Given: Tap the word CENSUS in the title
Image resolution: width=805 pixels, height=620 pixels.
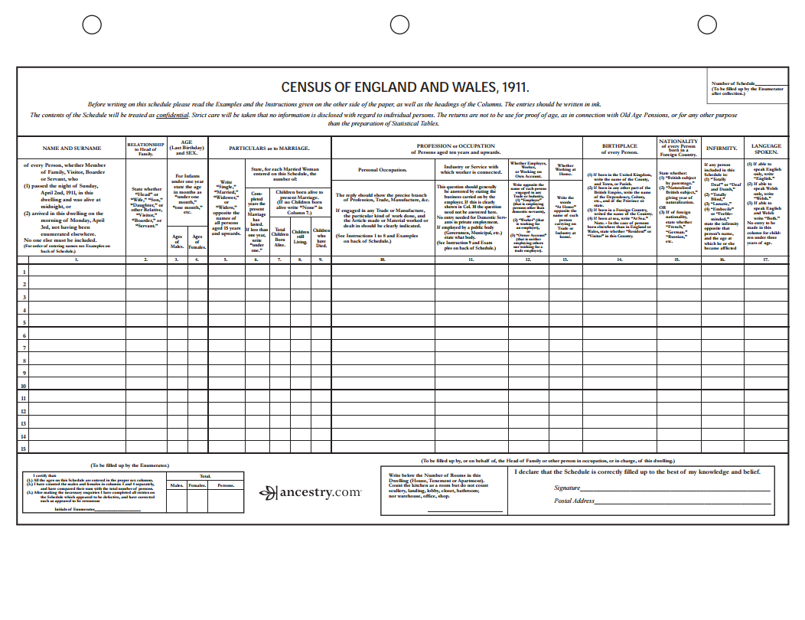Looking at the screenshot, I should (x=305, y=88).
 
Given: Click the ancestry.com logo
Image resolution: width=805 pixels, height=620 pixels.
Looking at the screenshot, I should (x=310, y=492).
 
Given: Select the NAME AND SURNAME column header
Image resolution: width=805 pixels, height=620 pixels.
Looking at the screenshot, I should (x=71, y=148).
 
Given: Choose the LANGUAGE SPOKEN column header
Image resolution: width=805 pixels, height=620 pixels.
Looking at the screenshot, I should (x=766, y=148).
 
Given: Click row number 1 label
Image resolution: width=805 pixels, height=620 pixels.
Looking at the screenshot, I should (x=23, y=272).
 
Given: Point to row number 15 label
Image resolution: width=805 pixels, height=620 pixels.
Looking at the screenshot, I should (x=23, y=449).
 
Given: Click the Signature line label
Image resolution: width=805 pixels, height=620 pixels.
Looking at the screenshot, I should (x=567, y=488).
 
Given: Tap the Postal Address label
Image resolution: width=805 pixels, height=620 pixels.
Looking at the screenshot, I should (x=574, y=501).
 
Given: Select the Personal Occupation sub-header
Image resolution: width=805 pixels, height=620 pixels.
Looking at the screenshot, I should (x=382, y=169).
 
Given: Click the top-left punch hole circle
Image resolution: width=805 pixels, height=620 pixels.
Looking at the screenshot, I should (x=92, y=25).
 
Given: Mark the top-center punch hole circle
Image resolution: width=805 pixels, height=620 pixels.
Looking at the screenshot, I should (x=400, y=25).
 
